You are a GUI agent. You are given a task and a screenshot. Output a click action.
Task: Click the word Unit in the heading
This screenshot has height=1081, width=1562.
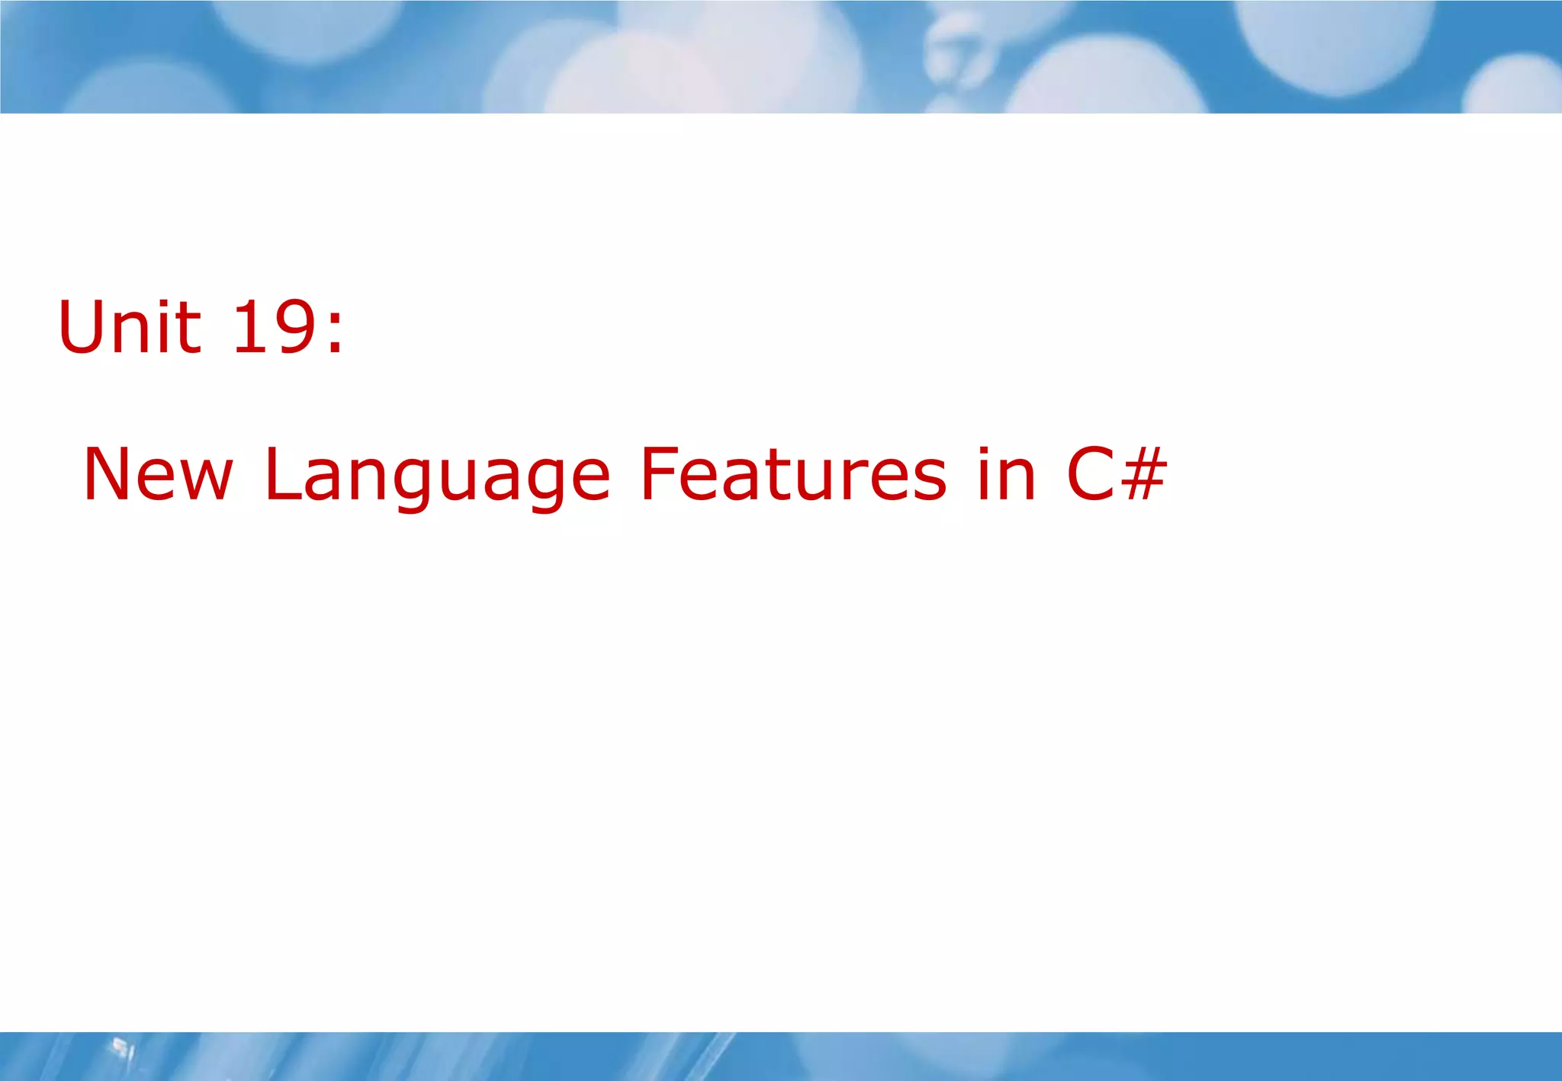[x=130, y=327]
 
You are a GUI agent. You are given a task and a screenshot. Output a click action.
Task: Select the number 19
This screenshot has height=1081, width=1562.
[x=274, y=327]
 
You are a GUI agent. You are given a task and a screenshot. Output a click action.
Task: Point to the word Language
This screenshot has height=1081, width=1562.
[x=437, y=476]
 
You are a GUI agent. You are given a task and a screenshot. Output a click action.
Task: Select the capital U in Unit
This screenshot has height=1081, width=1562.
[x=84, y=327]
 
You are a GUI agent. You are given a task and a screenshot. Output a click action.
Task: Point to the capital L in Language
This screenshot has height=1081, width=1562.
[x=281, y=474]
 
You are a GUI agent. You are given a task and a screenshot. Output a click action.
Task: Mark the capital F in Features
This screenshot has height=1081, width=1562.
[x=660, y=474]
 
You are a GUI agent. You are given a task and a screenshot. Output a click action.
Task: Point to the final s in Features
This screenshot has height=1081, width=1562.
[x=929, y=483]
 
